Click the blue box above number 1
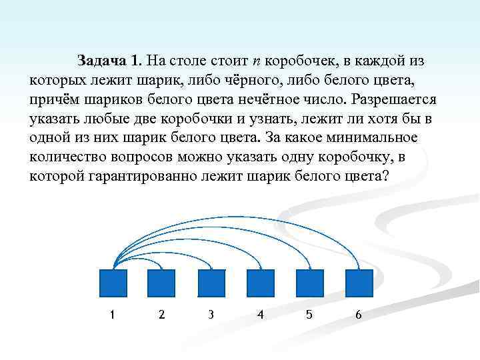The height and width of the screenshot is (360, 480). click(112, 283)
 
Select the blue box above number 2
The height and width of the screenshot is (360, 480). click(161, 283)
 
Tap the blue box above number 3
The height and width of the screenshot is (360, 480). click(211, 283)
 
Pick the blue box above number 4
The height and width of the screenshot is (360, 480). click(260, 283)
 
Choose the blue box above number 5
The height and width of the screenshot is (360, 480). click(309, 283)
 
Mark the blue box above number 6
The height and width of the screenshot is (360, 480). click(359, 283)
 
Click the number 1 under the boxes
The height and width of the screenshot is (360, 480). click(112, 315)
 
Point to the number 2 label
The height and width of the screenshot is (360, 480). click(161, 315)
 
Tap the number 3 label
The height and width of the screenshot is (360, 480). click(211, 315)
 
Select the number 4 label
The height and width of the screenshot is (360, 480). click(260, 315)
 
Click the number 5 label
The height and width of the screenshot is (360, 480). click(309, 315)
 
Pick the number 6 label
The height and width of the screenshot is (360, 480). click(359, 315)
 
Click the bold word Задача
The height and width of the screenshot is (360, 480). click(102, 61)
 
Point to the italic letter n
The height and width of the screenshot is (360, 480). click(256, 62)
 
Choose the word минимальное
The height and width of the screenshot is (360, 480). click(377, 138)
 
